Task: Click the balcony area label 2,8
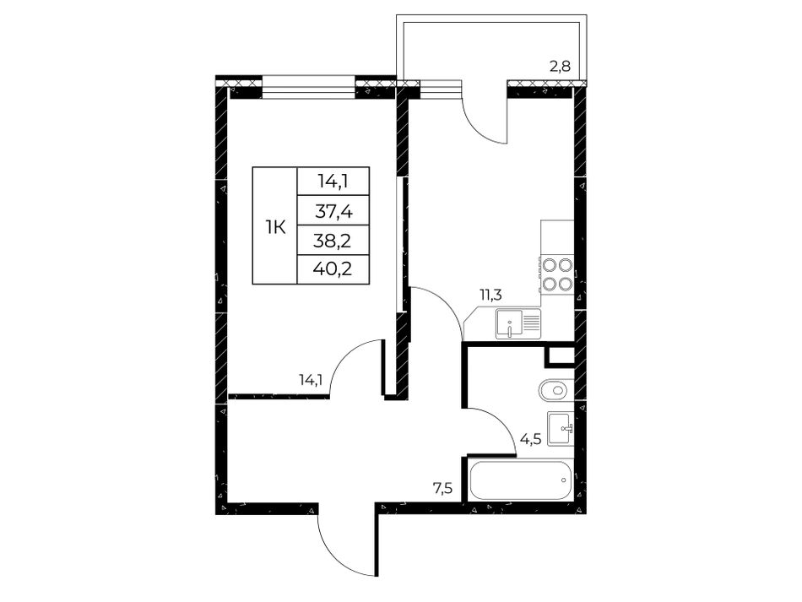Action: coord(560,68)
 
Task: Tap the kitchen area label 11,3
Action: coord(490,295)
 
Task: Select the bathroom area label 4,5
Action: coord(530,439)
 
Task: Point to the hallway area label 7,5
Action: coord(443,489)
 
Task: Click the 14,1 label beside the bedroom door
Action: coord(311,379)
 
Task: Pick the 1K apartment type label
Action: coord(275,226)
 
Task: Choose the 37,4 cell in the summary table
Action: coord(333,210)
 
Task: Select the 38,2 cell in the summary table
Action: coord(333,240)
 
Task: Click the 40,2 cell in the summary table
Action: coord(333,269)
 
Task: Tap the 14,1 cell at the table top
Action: coord(333,181)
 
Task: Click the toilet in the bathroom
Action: coord(554,391)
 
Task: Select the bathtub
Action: coord(520,480)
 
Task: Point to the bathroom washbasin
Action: coord(561,428)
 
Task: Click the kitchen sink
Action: coord(518,324)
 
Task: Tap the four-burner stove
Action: coord(556,274)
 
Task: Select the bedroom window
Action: coord(308,87)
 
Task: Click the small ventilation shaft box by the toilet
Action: coord(560,356)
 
